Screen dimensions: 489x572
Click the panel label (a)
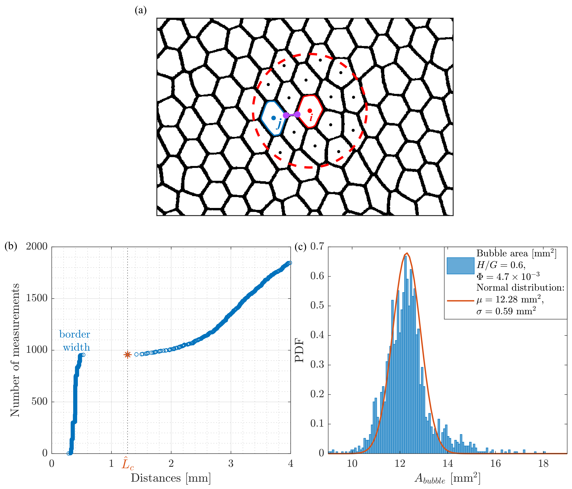(x=140, y=11)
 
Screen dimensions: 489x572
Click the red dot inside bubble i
(x=310, y=111)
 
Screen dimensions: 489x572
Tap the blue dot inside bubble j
(x=273, y=118)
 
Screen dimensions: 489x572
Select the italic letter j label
(x=279, y=124)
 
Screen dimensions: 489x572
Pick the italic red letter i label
(x=311, y=118)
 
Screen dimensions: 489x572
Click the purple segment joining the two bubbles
(x=291, y=115)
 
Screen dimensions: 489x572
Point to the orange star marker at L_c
(x=127, y=355)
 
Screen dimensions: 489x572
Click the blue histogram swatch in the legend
(x=460, y=266)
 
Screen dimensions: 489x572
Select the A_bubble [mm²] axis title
(x=447, y=478)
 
